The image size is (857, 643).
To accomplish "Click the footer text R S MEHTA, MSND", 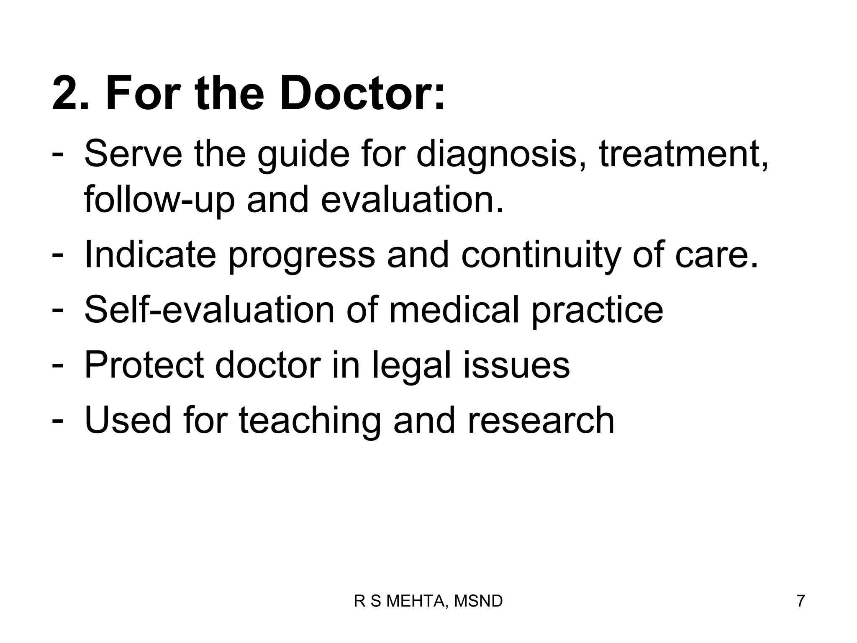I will (428, 601).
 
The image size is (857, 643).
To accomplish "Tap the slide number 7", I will (801, 601).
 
